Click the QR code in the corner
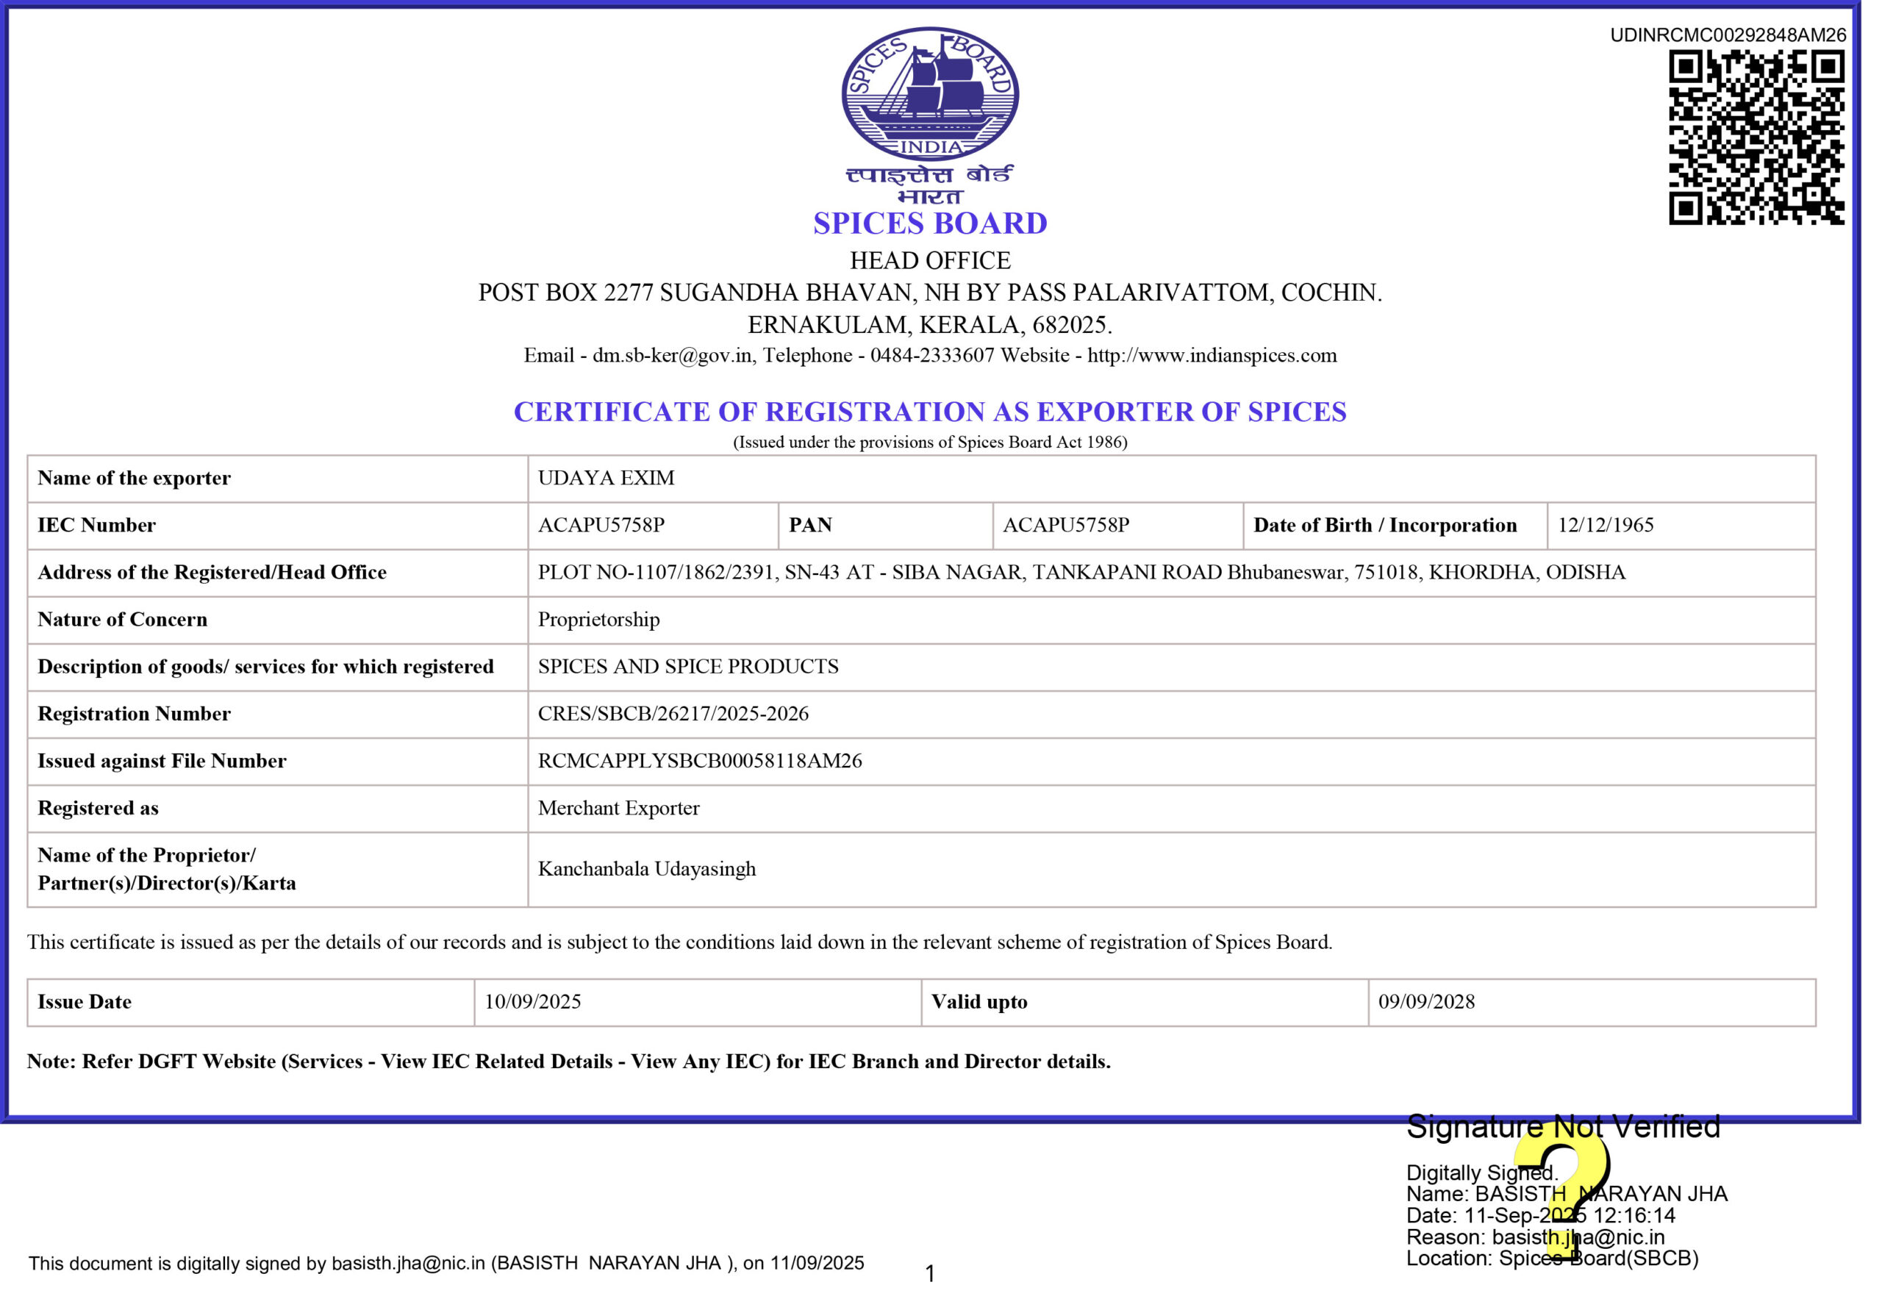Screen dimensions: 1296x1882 coord(1756,137)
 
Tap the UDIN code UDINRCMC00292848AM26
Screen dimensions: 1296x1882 coord(1728,35)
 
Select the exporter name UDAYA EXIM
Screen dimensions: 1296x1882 coord(606,479)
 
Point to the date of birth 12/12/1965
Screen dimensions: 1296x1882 coord(1605,526)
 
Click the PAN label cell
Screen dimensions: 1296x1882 coord(810,526)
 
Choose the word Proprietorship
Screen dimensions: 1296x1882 coord(598,620)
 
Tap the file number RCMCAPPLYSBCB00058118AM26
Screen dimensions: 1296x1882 coord(699,761)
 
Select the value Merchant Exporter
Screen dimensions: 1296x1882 coord(618,808)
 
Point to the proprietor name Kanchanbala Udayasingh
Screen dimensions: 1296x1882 coord(646,869)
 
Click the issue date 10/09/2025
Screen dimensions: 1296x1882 coord(532,1002)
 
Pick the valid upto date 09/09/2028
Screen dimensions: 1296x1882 coord(1426,1002)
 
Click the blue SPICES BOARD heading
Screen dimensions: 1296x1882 coord(930,223)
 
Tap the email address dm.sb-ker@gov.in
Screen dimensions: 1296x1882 coord(672,356)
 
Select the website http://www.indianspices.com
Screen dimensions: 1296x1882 coord(1212,356)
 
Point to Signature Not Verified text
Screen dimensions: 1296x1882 coord(1563,1127)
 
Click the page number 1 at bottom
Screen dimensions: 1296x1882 coord(930,1273)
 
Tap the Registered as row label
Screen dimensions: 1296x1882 coord(99,808)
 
